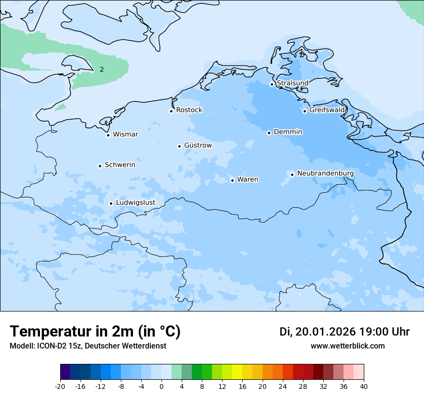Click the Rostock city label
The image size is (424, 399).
(189, 110)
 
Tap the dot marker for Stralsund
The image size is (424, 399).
(272, 84)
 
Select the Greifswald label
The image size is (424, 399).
(327, 110)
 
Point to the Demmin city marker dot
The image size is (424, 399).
(269, 133)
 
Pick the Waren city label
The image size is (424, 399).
(248, 180)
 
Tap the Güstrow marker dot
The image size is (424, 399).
(179, 146)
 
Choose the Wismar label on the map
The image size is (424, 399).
(125, 135)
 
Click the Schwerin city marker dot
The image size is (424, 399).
(100, 166)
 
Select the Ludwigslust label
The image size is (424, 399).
(135, 203)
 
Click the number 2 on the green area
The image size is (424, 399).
(102, 69)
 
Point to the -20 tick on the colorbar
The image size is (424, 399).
(60, 386)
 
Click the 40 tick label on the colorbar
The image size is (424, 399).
(364, 386)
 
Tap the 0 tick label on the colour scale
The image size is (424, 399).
(161, 386)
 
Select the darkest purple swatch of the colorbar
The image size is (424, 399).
(66, 372)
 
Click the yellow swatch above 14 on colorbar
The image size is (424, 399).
(237, 372)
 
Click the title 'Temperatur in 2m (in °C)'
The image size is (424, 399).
(95, 332)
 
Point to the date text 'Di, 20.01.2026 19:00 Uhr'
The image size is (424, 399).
(344, 332)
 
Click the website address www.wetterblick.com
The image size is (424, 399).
(347, 346)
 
